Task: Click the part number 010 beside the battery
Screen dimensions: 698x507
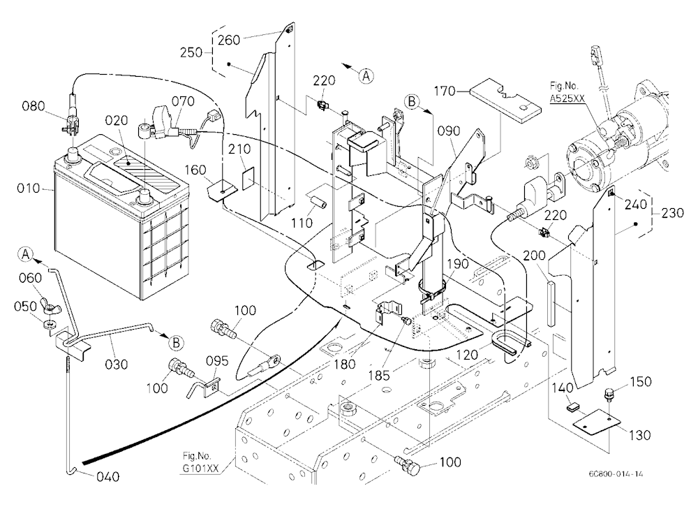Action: click(x=29, y=189)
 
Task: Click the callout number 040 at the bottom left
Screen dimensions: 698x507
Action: click(x=108, y=477)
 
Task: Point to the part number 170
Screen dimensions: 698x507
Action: click(x=445, y=91)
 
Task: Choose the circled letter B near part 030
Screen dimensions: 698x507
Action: click(x=177, y=343)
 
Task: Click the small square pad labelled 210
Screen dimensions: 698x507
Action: click(x=248, y=178)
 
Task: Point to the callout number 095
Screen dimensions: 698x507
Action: click(x=217, y=360)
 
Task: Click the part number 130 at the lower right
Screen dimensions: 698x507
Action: click(x=639, y=435)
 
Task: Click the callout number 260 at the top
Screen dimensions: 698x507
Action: click(x=228, y=40)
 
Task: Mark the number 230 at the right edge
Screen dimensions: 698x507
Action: click(x=673, y=213)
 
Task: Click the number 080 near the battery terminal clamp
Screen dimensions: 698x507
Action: click(x=34, y=106)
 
